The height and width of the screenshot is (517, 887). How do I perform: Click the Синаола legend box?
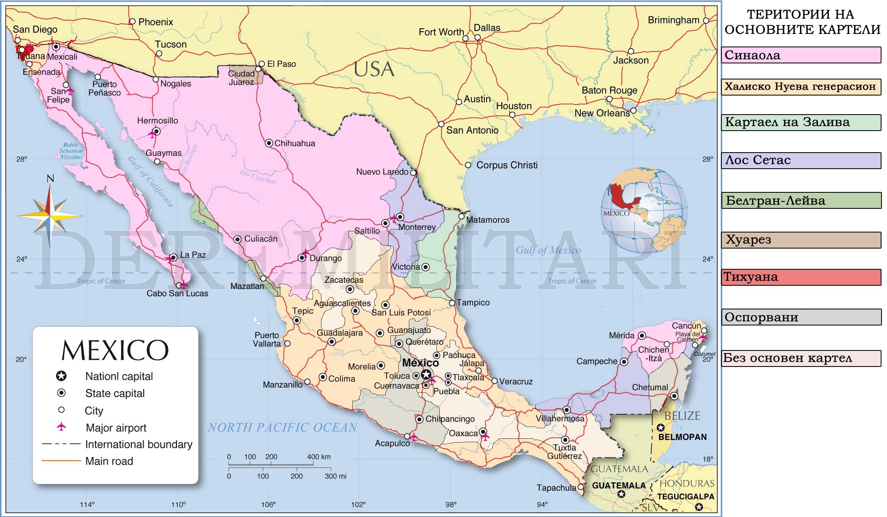tap(801, 55)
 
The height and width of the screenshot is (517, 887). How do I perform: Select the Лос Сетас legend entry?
tap(801, 160)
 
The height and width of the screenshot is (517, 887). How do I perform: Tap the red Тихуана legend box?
tap(801, 277)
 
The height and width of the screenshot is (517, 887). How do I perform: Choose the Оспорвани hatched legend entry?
tap(801, 317)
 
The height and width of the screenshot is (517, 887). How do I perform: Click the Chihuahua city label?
tap(294, 143)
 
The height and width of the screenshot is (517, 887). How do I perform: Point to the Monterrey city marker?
tap(400, 217)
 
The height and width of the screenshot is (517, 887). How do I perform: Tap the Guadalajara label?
tap(340, 333)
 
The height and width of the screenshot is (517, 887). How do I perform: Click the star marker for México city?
tap(426, 375)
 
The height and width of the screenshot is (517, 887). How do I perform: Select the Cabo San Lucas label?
tap(177, 293)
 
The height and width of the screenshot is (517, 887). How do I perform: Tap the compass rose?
tap(50, 216)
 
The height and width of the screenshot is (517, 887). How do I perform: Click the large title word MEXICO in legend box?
tap(115, 350)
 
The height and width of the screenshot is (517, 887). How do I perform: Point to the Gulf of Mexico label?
tap(548, 250)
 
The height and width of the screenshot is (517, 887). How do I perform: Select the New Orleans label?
tap(602, 113)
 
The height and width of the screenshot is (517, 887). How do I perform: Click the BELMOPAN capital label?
tap(682, 437)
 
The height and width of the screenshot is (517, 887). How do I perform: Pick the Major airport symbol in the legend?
tap(62, 427)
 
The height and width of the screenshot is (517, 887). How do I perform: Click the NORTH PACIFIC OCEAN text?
tap(282, 427)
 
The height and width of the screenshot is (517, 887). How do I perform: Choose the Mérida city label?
tap(621, 336)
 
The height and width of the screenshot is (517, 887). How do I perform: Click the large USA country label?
tap(374, 70)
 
